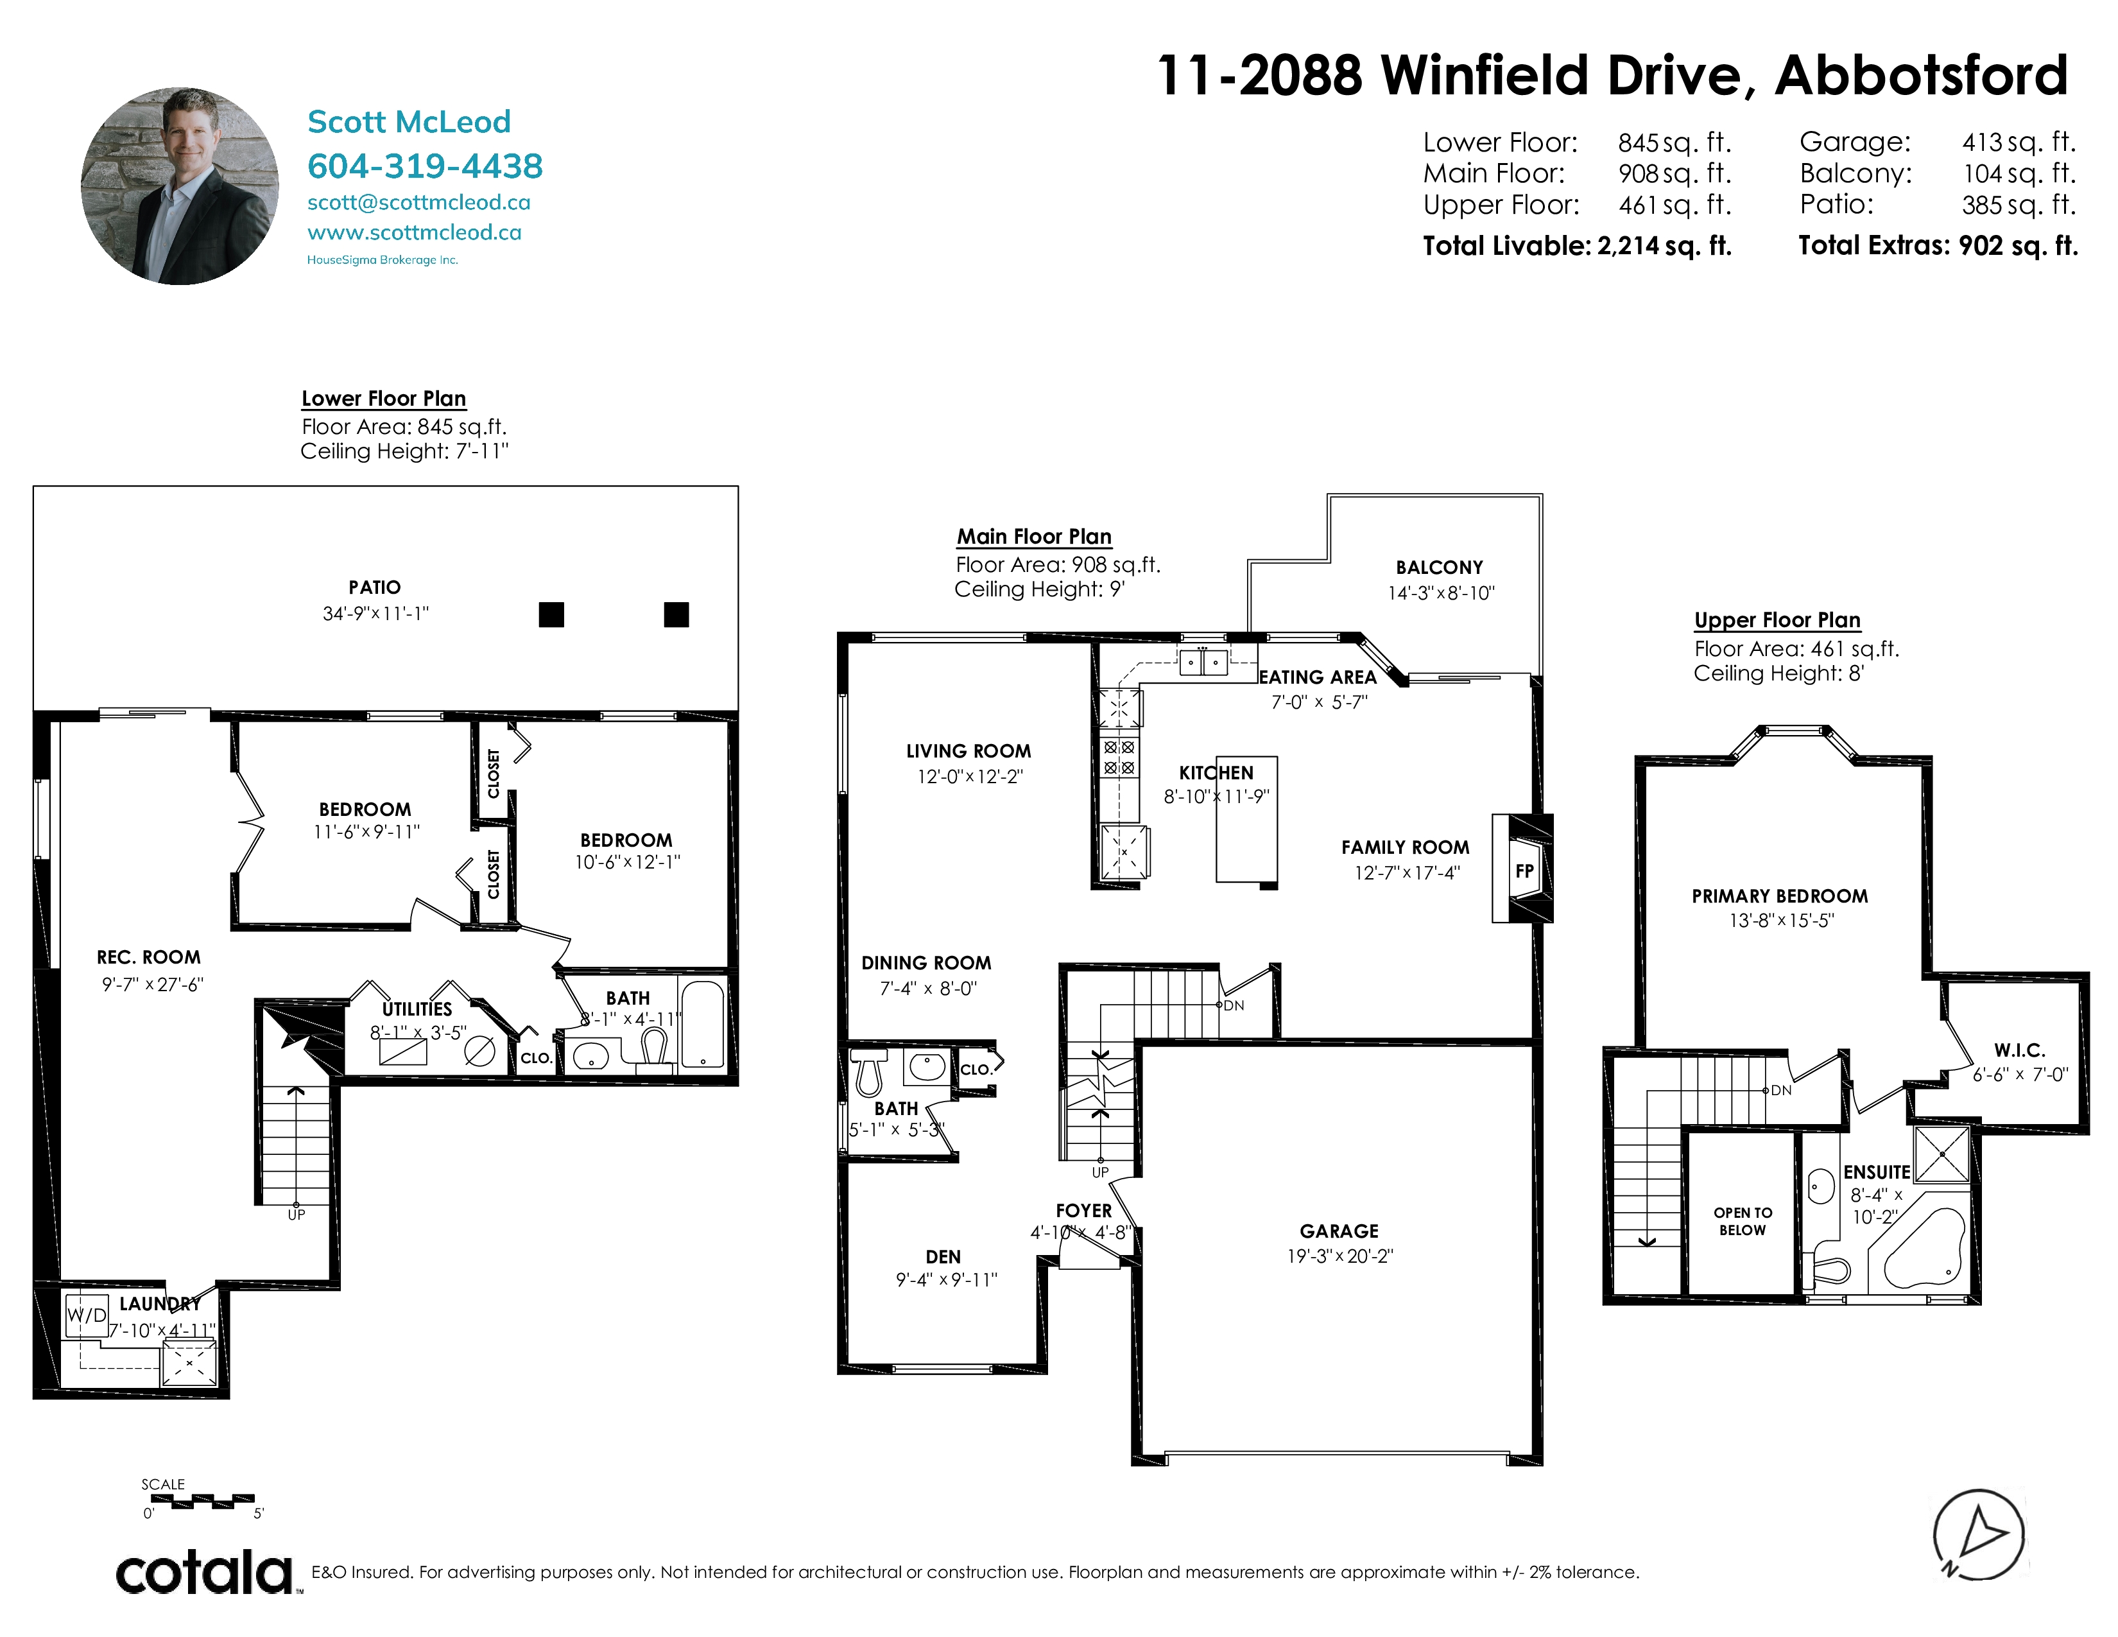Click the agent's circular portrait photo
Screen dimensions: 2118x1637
(x=180, y=186)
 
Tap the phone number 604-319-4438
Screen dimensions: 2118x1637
(x=425, y=166)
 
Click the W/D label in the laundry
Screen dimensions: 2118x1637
(x=86, y=1315)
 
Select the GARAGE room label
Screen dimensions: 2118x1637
(x=1339, y=1231)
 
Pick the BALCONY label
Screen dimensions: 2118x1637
(x=1439, y=567)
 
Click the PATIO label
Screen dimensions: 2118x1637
(x=374, y=587)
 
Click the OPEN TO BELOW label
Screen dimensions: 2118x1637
(x=1743, y=1221)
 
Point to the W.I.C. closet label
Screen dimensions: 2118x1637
(x=2020, y=1050)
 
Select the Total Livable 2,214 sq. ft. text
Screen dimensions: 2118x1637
(x=1577, y=245)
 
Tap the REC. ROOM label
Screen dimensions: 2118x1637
(x=148, y=957)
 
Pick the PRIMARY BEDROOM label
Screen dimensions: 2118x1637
(x=1780, y=896)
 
